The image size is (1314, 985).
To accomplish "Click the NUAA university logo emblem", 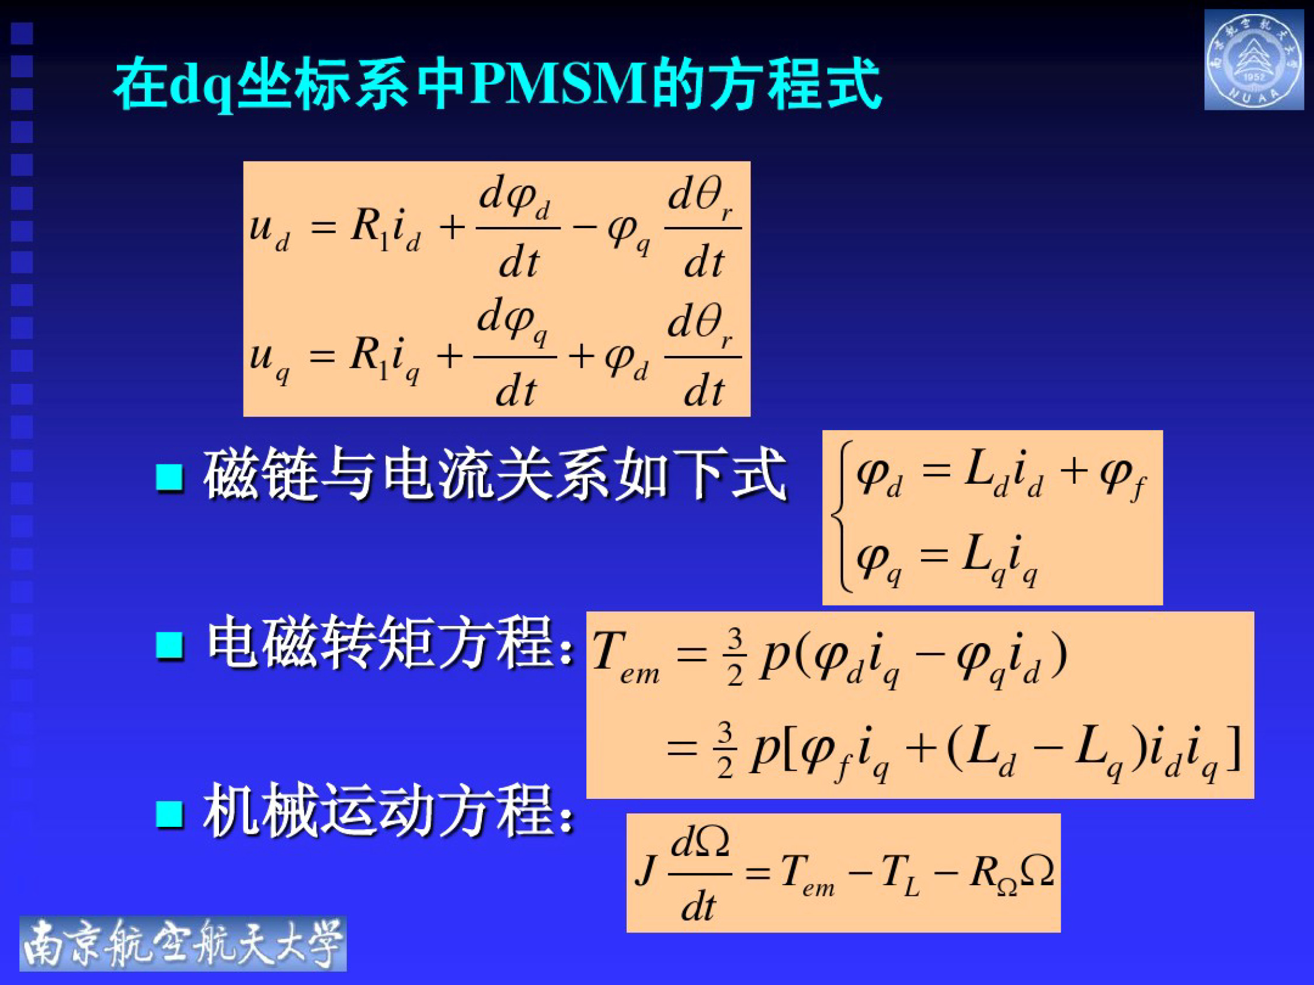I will point(1253,60).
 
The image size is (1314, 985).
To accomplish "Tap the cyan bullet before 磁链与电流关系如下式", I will point(169,477).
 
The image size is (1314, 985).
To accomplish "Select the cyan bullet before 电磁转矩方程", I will point(169,645).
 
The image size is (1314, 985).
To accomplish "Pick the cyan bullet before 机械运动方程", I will point(169,813).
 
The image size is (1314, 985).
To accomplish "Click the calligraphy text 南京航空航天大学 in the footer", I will point(183,944).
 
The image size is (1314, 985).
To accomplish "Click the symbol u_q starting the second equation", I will point(269,360).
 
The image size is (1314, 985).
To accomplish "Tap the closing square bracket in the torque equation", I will point(1235,749).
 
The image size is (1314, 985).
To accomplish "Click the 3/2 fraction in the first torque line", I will point(735,656).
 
